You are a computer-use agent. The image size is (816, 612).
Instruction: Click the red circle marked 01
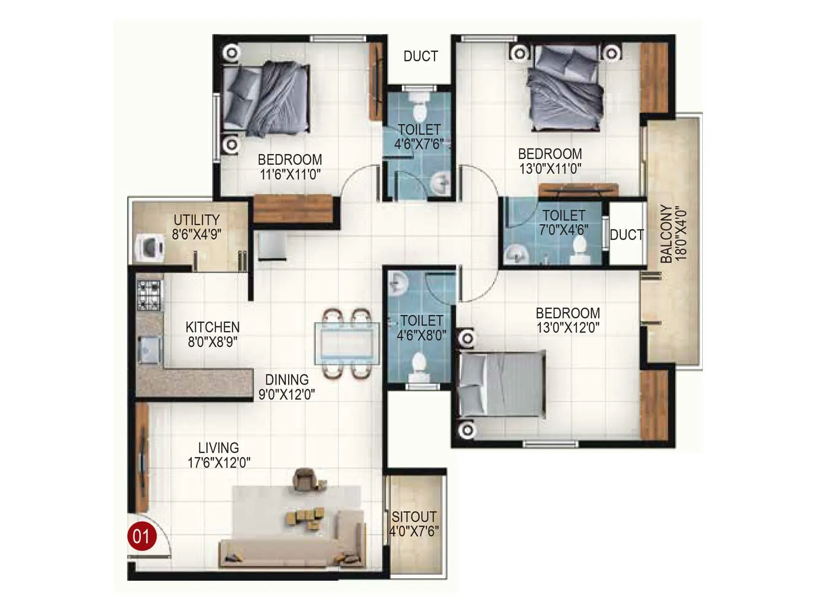(141, 536)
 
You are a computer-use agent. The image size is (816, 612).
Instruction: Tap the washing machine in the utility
(149, 247)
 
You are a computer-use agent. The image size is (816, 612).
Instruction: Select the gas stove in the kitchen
(149, 295)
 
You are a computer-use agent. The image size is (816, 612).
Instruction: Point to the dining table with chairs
(347, 344)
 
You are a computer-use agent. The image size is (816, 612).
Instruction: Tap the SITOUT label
(414, 517)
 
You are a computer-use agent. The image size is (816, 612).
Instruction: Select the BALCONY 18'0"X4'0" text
(673, 234)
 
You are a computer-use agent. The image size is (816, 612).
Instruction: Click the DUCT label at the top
(420, 56)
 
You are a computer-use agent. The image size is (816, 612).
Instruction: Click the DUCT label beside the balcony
(627, 235)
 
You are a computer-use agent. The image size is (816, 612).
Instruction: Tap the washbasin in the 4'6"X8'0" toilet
(397, 284)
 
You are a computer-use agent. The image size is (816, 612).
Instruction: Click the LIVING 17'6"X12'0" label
(218, 455)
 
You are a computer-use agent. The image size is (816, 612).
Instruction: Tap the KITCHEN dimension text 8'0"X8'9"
(212, 342)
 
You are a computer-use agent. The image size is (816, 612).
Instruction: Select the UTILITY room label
(196, 220)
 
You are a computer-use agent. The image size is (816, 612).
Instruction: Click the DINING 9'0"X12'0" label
(287, 387)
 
